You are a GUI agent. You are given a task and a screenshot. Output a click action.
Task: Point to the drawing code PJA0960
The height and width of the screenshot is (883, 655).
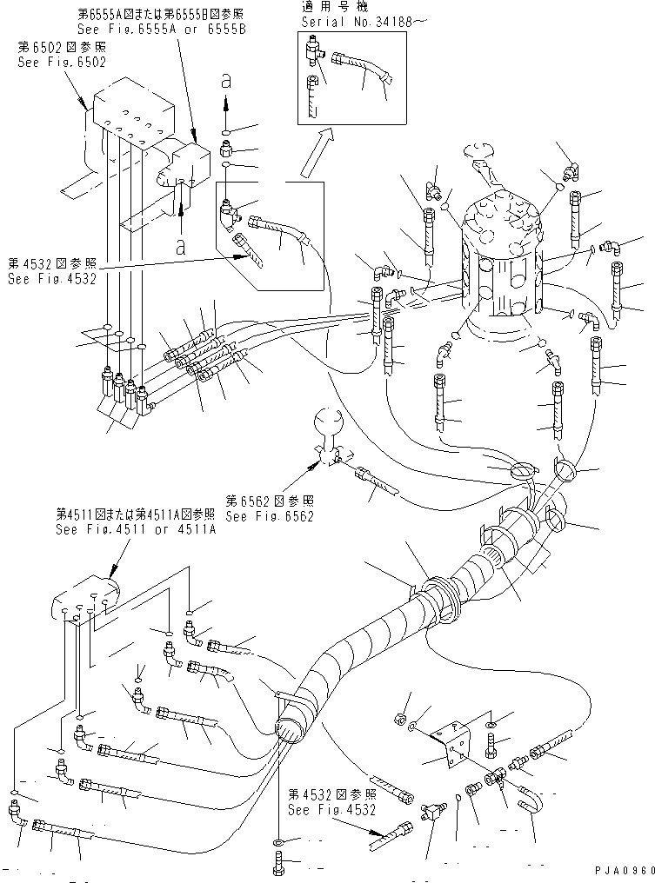tap(623, 871)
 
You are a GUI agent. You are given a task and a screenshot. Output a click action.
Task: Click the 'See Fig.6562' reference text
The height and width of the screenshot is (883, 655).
tap(269, 515)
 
